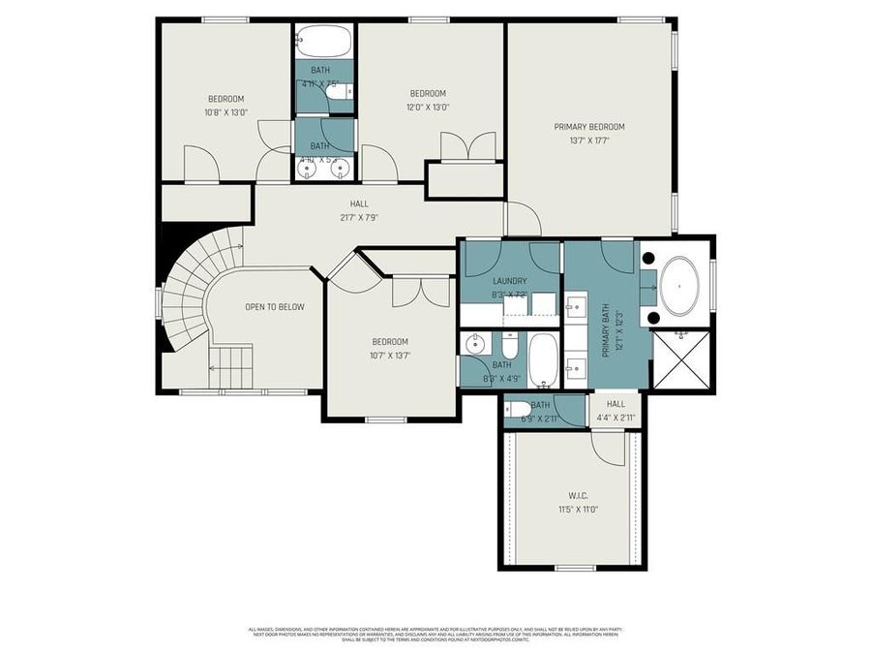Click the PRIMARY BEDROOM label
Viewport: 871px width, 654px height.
point(588,127)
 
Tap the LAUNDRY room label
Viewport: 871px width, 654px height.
point(509,281)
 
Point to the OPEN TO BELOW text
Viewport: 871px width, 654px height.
point(274,307)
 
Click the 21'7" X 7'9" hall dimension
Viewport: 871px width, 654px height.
point(358,217)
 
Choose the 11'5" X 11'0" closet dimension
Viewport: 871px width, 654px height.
point(579,509)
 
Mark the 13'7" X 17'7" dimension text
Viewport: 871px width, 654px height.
point(588,140)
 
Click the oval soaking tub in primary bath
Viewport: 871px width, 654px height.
point(684,287)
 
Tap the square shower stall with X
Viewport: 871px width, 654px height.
point(683,358)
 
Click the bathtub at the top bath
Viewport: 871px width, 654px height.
point(325,41)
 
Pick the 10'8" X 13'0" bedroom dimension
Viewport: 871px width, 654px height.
point(225,112)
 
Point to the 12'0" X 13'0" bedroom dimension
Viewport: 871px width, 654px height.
point(428,108)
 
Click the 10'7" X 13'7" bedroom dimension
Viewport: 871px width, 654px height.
point(391,355)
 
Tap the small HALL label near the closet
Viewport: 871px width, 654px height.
point(616,404)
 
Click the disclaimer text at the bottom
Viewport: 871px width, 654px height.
point(435,635)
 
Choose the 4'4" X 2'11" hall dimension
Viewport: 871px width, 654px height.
point(616,418)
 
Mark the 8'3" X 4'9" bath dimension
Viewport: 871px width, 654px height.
point(501,379)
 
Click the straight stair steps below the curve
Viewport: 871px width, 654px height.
point(231,368)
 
